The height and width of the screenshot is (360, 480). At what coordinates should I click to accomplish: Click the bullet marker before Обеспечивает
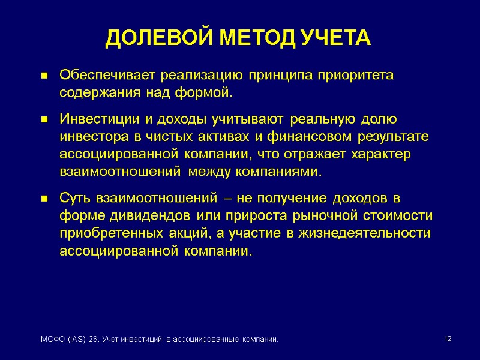coord(44,77)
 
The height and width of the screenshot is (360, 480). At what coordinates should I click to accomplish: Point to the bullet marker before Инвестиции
coord(44,120)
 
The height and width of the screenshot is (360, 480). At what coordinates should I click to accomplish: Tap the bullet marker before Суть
coord(44,199)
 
